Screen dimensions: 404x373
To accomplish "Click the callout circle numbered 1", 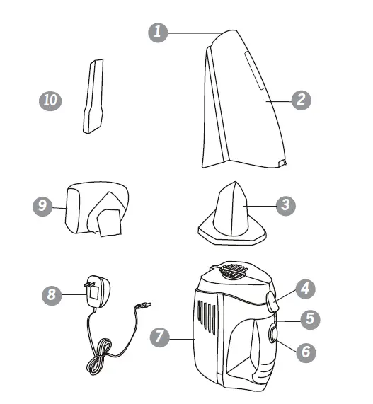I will pos(159,33).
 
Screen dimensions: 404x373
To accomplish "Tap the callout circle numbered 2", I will pos(301,100).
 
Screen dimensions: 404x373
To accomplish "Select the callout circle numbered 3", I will pos(285,205).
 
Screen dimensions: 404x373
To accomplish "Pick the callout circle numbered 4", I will pos(305,288).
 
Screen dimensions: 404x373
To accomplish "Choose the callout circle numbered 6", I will pos(305,350).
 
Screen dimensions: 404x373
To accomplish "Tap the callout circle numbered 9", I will pos(43,207).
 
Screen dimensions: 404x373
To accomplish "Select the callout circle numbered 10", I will pos(49,101).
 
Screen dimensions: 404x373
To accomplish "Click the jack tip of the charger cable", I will pos(145,306).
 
